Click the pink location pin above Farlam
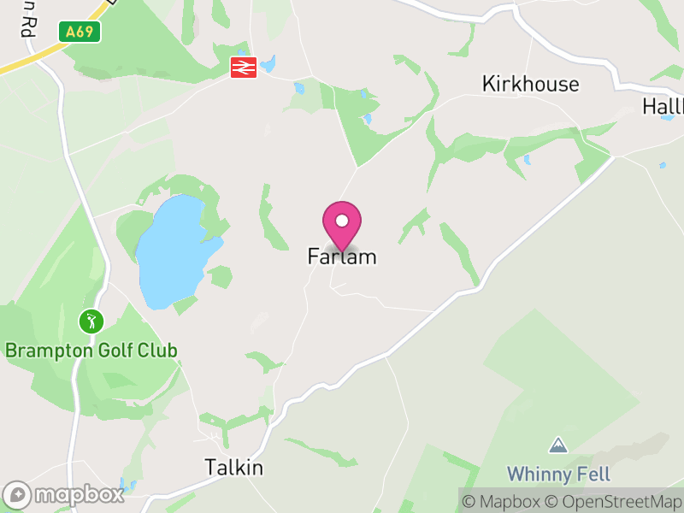(x=342, y=225)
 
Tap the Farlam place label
(x=342, y=256)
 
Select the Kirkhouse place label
(x=530, y=84)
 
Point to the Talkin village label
(x=233, y=468)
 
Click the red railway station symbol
(x=244, y=68)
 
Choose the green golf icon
(x=91, y=322)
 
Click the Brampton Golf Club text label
(x=91, y=351)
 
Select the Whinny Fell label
(x=558, y=474)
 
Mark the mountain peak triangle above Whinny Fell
(x=558, y=445)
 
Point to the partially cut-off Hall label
(x=663, y=107)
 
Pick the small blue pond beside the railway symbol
(x=268, y=64)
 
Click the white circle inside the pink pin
(x=342, y=221)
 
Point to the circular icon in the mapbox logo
(x=17, y=495)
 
